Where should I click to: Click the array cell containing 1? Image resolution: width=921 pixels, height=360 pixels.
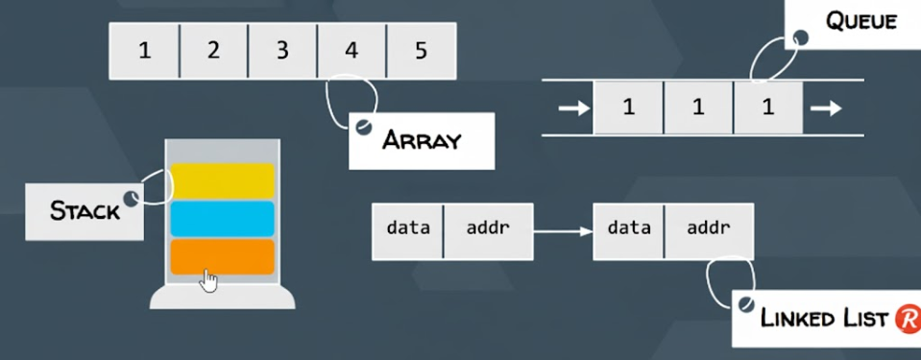tap(144, 51)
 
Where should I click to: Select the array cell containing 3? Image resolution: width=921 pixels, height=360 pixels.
tap(282, 51)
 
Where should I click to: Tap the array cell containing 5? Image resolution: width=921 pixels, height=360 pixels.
tap(421, 51)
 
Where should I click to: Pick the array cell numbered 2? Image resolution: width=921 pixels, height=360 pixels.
tap(213, 51)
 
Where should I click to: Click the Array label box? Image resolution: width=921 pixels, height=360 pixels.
tap(422, 140)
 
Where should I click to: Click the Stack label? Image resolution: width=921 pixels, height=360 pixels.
tap(85, 210)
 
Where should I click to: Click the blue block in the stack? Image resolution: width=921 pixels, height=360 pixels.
tap(223, 219)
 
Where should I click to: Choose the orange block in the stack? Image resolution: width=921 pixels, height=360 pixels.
tap(223, 256)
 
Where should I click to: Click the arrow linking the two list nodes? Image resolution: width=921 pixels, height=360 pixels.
tap(563, 230)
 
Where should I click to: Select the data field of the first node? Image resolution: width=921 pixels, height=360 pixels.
tap(407, 229)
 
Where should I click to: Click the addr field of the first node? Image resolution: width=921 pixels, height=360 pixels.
tap(488, 229)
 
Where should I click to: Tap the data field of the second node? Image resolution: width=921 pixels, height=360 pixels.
tap(629, 229)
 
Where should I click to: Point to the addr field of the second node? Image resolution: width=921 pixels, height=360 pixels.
tap(709, 229)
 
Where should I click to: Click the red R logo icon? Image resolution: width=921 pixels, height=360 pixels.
tap(906, 319)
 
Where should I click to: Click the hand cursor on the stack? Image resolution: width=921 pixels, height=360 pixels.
tap(208, 279)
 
